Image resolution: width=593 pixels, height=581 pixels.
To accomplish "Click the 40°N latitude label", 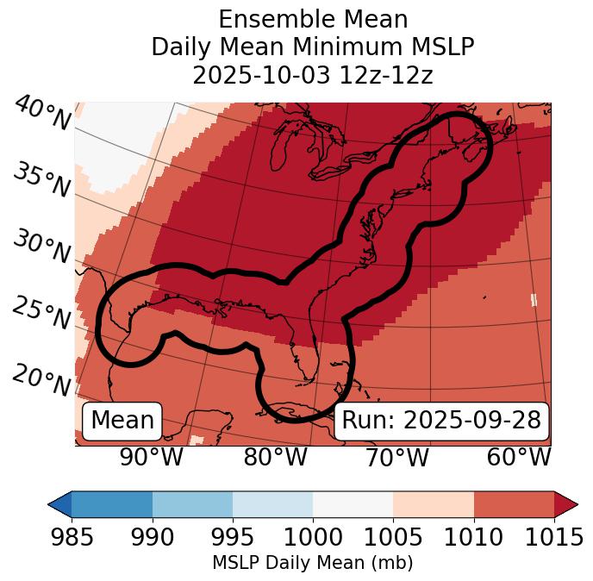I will tap(41, 113).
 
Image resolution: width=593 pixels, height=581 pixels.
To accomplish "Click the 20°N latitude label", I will tap(41, 379).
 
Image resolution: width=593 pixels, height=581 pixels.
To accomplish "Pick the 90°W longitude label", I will tap(152, 458).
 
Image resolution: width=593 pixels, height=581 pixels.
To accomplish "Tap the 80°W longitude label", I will tap(275, 458).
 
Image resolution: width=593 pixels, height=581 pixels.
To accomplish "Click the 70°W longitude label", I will tap(396, 458).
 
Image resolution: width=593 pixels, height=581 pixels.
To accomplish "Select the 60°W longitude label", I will tap(519, 458).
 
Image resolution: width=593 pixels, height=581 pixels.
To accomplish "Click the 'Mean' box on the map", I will tap(122, 421).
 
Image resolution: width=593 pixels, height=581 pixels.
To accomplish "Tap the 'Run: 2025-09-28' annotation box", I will tap(441, 421).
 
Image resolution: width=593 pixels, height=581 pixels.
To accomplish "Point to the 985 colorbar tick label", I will tap(72, 538).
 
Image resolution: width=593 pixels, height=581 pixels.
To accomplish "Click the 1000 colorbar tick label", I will tap(313, 538).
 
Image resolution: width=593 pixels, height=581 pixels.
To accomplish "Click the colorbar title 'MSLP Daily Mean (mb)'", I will tap(313, 564).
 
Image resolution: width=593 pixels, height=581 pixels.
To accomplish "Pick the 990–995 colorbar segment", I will tap(192, 504).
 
